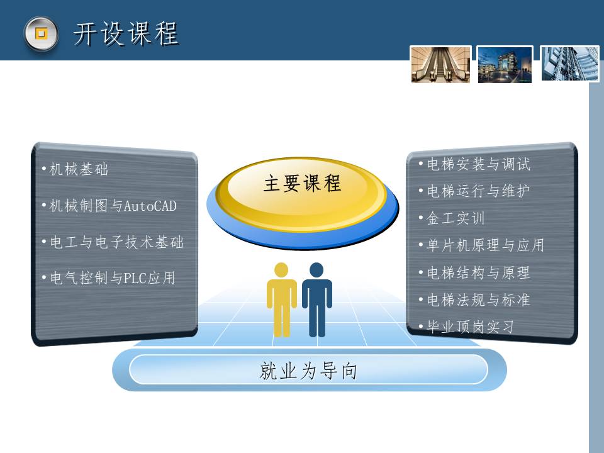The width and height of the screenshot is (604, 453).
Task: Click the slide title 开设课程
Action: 126,34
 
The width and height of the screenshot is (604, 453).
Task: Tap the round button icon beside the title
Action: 42,33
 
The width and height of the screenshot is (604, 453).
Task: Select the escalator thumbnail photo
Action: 440,64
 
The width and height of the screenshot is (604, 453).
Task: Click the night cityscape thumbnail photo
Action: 505,64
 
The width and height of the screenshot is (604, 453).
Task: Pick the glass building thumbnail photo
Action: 570,64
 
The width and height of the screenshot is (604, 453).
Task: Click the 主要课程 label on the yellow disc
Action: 303,183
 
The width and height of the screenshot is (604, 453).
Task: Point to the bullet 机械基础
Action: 75,169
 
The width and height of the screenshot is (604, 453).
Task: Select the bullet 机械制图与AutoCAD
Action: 109,206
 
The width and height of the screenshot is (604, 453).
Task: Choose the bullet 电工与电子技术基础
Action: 113,242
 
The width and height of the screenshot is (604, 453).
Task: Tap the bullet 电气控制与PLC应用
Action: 109,277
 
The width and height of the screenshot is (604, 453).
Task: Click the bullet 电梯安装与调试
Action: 474,164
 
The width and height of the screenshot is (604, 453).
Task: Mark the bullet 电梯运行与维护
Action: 474,191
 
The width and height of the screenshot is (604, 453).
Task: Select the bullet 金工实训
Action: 452,218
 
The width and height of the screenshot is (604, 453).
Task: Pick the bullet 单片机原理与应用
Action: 481,245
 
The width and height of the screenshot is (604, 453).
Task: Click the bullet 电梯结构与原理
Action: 474,272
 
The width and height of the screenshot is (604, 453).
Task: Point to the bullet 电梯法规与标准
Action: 474,299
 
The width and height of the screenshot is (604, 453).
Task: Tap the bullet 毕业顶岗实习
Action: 466,327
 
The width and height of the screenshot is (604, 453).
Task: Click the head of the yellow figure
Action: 281,270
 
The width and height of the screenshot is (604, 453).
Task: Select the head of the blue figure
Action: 316,270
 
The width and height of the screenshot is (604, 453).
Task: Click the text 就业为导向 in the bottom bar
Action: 308,371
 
